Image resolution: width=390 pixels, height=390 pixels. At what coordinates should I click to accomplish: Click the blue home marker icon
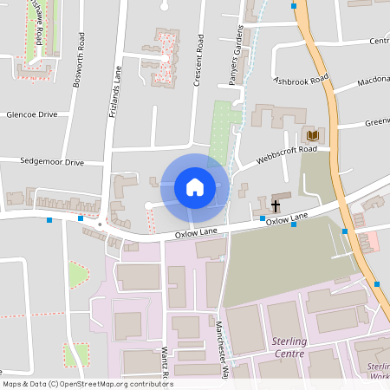[195, 187]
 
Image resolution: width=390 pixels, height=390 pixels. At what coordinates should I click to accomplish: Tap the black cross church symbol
[276, 206]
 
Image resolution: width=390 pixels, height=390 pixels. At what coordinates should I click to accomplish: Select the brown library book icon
[311, 136]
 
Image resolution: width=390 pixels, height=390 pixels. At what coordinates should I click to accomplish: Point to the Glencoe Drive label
[31, 114]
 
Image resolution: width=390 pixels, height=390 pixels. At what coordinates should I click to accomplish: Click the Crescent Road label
[198, 62]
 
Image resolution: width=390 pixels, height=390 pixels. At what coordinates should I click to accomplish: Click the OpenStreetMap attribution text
[87, 384]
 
